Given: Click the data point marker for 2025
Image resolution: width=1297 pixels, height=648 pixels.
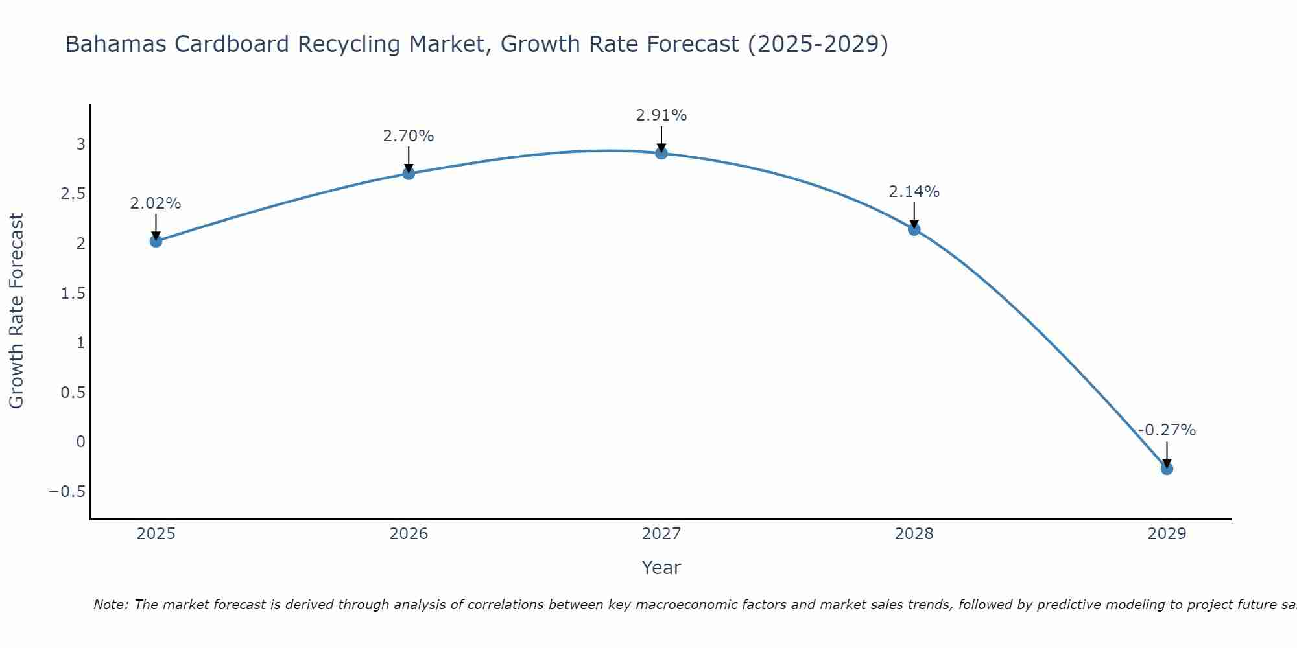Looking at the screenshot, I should [156, 241].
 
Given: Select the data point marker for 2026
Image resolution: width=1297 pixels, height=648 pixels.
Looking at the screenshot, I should [409, 174].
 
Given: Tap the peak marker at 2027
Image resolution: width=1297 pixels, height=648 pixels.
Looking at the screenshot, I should [661, 153].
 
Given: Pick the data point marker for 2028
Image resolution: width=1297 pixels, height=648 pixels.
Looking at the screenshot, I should [914, 229].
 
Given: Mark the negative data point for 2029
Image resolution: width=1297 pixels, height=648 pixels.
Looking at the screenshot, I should [1167, 469].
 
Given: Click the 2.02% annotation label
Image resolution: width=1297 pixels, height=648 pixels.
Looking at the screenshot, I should [156, 203].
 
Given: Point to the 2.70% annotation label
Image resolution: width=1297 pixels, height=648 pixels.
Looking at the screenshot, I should [409, 136].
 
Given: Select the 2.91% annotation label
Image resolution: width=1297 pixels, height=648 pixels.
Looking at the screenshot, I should [661, 115].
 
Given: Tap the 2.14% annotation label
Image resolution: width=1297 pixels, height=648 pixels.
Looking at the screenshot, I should [914, 192].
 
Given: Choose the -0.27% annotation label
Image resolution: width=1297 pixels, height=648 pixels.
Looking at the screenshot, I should [1167, 430].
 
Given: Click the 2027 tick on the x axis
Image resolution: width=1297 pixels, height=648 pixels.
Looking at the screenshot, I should [661, 534].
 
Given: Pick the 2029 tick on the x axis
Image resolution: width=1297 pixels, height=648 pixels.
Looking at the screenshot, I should [1167, 534].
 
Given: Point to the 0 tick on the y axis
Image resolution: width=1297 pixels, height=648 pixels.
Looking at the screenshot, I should [80, 442].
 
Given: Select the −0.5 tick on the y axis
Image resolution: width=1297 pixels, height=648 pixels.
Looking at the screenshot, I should [67, 492].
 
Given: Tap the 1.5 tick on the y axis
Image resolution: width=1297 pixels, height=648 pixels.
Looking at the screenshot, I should [73, 294].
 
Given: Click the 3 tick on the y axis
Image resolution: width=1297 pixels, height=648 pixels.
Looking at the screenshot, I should [80, 144].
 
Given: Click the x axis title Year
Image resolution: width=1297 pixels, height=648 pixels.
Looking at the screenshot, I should [661, 568].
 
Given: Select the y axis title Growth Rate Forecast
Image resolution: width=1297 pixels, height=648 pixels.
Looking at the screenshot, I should [17, 311].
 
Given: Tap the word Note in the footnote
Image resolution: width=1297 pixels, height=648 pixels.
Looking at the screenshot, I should [110, 605].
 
